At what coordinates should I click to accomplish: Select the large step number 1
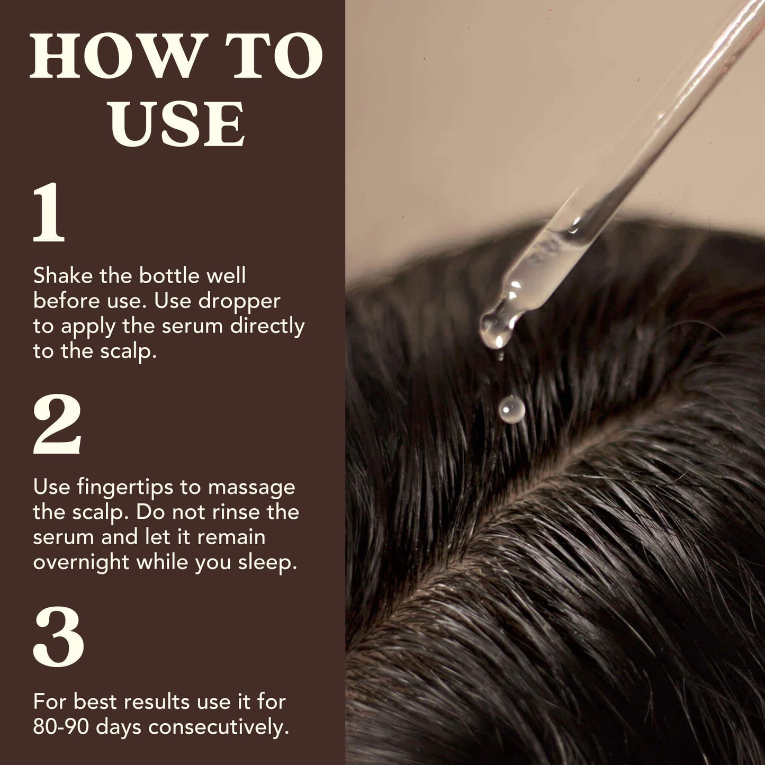coord(49,213)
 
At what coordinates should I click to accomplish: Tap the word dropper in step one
coord(239,302)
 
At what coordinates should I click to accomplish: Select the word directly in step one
coord(267,327)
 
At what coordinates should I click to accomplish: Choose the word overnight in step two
coord(81,562)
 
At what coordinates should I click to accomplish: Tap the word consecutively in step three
coord(219,727)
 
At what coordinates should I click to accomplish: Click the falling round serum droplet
coord(512,409)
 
